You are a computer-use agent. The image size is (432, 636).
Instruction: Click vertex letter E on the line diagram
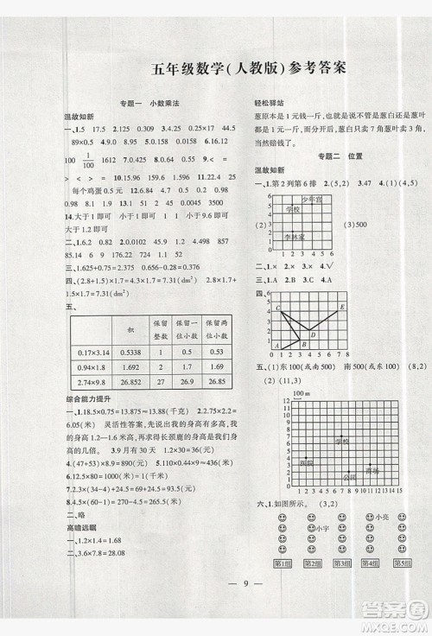coord(343,306)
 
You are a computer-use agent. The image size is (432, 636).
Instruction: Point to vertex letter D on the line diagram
coord(312,335)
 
